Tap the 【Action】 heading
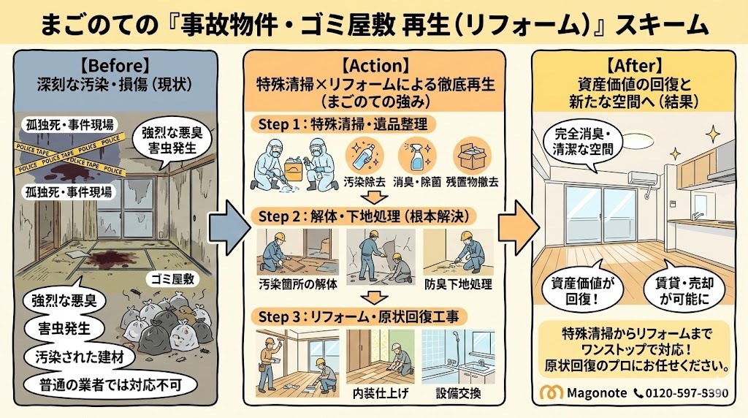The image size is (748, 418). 375,64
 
